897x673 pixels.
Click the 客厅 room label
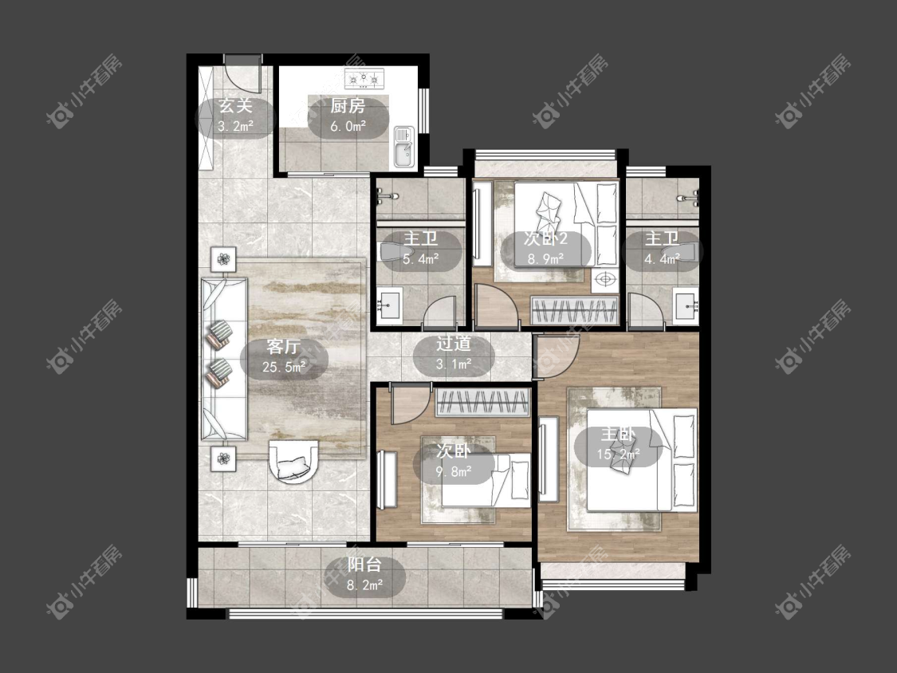click(284, 356)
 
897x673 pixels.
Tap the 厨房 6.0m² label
click(348, 116)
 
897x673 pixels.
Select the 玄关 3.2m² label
click(236, 116)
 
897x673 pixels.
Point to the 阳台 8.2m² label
click(364, 575)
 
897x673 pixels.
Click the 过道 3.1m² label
click(454, 353)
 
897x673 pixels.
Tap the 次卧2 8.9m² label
click(545, 248)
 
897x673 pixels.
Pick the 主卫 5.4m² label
click(421, 248)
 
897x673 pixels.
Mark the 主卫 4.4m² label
click(662, 248)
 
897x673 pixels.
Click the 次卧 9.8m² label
click(454, 461)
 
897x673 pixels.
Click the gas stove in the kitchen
click(364, 77)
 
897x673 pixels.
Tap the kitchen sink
click(403, 147)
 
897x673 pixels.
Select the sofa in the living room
click(224, 360)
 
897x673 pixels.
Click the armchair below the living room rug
click(294, 461)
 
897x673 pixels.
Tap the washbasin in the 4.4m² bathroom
click(686, 305)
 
